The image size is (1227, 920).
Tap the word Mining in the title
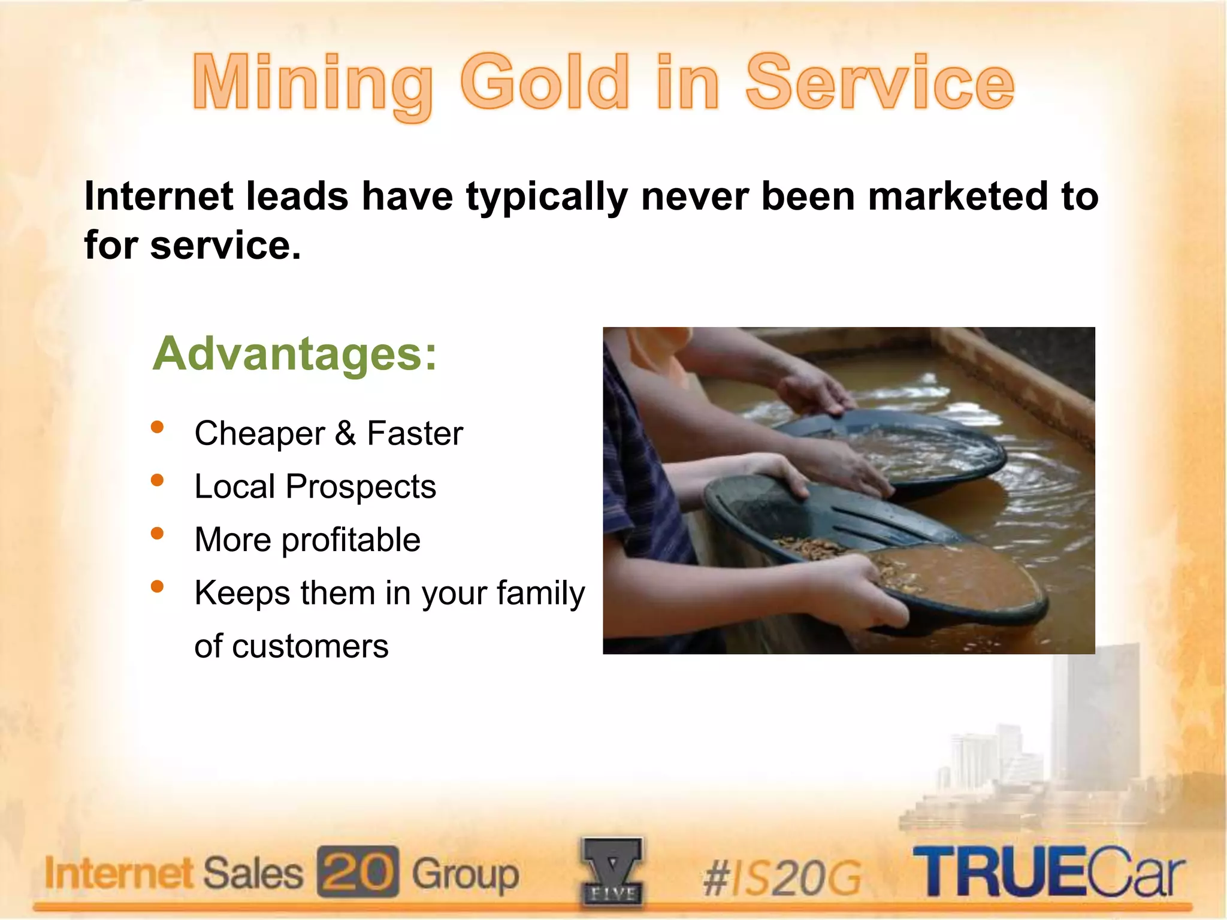click(x=312, y=84)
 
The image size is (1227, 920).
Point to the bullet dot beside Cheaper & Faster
click(x=158, y=427)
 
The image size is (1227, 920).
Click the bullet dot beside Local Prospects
click(x=158, y=480)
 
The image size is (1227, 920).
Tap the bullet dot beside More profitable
click(x=158, y=533)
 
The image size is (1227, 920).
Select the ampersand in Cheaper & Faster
click(x=345, y=433)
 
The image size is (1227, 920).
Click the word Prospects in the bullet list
click(x=361, y=486)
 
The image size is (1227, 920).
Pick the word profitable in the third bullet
click(x=351, y=540)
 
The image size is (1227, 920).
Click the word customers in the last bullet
click(x=310, y=646)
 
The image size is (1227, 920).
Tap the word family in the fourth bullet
click(x=540, y=593)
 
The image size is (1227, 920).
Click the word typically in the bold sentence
click(x=546, y=196)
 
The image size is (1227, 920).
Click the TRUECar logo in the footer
click(x=1048, y=871)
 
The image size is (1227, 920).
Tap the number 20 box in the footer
click(x=358, y=871)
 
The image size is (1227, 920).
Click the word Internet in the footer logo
click(x=119, y=873)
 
